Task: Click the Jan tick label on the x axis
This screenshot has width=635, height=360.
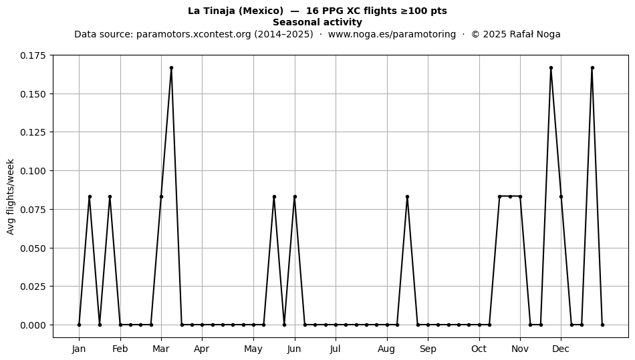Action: click(79, 349)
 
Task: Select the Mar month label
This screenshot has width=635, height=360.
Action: click(161, 349)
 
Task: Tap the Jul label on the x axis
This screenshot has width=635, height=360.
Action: click(335, 349)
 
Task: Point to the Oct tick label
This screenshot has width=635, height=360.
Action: click(479, 349)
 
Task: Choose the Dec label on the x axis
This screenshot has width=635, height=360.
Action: click(561, 349)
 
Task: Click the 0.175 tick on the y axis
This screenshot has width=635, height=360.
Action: click(33, 55)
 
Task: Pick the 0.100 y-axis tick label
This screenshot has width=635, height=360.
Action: click(33, 171)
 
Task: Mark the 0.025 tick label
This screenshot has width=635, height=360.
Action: click(33, 287)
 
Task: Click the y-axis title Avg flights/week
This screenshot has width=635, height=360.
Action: click(11, 196)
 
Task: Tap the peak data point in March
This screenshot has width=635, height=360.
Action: click(171, 68)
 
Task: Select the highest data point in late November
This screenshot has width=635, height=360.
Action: click(551, 68)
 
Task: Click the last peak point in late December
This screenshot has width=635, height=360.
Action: click(592, 68)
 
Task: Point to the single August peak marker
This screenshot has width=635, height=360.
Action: click(407, 196)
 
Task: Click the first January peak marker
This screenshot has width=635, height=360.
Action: click(90, 196)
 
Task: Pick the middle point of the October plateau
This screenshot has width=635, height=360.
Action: click(510, 196)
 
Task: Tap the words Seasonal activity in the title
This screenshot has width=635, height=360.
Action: click(317, 22)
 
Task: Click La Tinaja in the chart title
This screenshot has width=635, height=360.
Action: click(211, 11)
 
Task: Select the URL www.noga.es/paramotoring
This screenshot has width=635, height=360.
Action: click(392, 34)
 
